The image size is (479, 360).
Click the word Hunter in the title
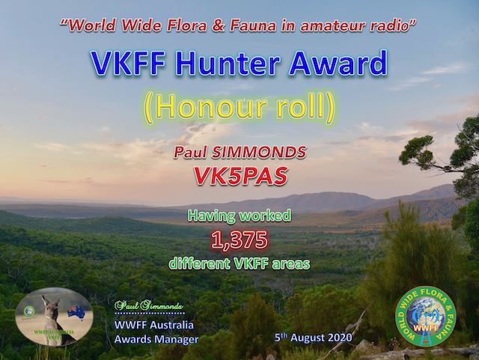click(x=225, y=64)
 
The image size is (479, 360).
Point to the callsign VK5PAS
click(x=239, y=176)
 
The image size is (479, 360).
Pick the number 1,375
click(x=239, y=240)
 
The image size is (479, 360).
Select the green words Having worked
click(x=239, y=217)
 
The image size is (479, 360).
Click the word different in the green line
click(x=201, y=263)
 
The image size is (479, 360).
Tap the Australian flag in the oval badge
click(x=76, y=311)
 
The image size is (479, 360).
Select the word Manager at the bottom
click(x=176, y=339)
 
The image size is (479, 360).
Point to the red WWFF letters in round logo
click(x=425, y=327)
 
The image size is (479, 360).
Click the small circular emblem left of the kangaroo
click(x=30, y=311)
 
